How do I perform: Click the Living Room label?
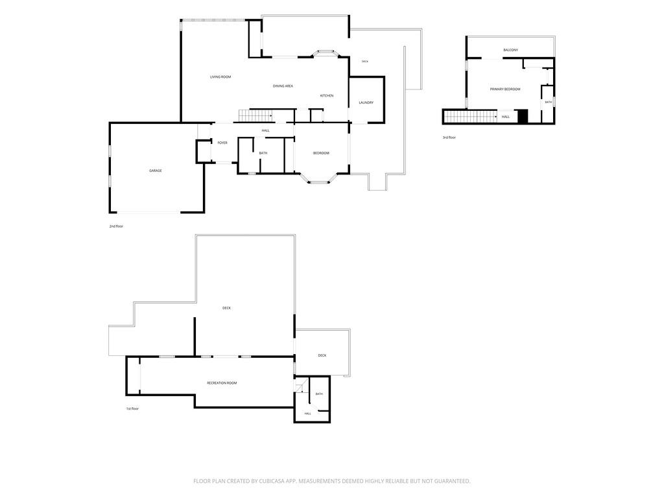[220, 77]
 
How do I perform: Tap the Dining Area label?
[283, 86]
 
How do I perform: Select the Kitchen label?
[327, 96]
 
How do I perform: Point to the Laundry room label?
[366, 103]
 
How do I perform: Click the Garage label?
[156, 171]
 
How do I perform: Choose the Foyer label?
[222, 143]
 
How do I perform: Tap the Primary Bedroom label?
[505, 89]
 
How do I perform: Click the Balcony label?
[511, 51]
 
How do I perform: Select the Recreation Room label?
[222, 383]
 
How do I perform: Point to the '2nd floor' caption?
[116, 226]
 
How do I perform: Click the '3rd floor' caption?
[449, 137]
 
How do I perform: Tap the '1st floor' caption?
[132, 409]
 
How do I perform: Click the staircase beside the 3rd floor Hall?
[471, 117]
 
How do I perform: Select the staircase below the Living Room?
[255, 115]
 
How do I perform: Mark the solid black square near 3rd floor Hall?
[523, 117]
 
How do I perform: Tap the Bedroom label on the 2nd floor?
[321, 153]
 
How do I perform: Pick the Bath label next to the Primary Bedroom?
[549, 102]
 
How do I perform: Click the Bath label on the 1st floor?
[319, 394]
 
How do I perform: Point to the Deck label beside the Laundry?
[365, 62]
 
